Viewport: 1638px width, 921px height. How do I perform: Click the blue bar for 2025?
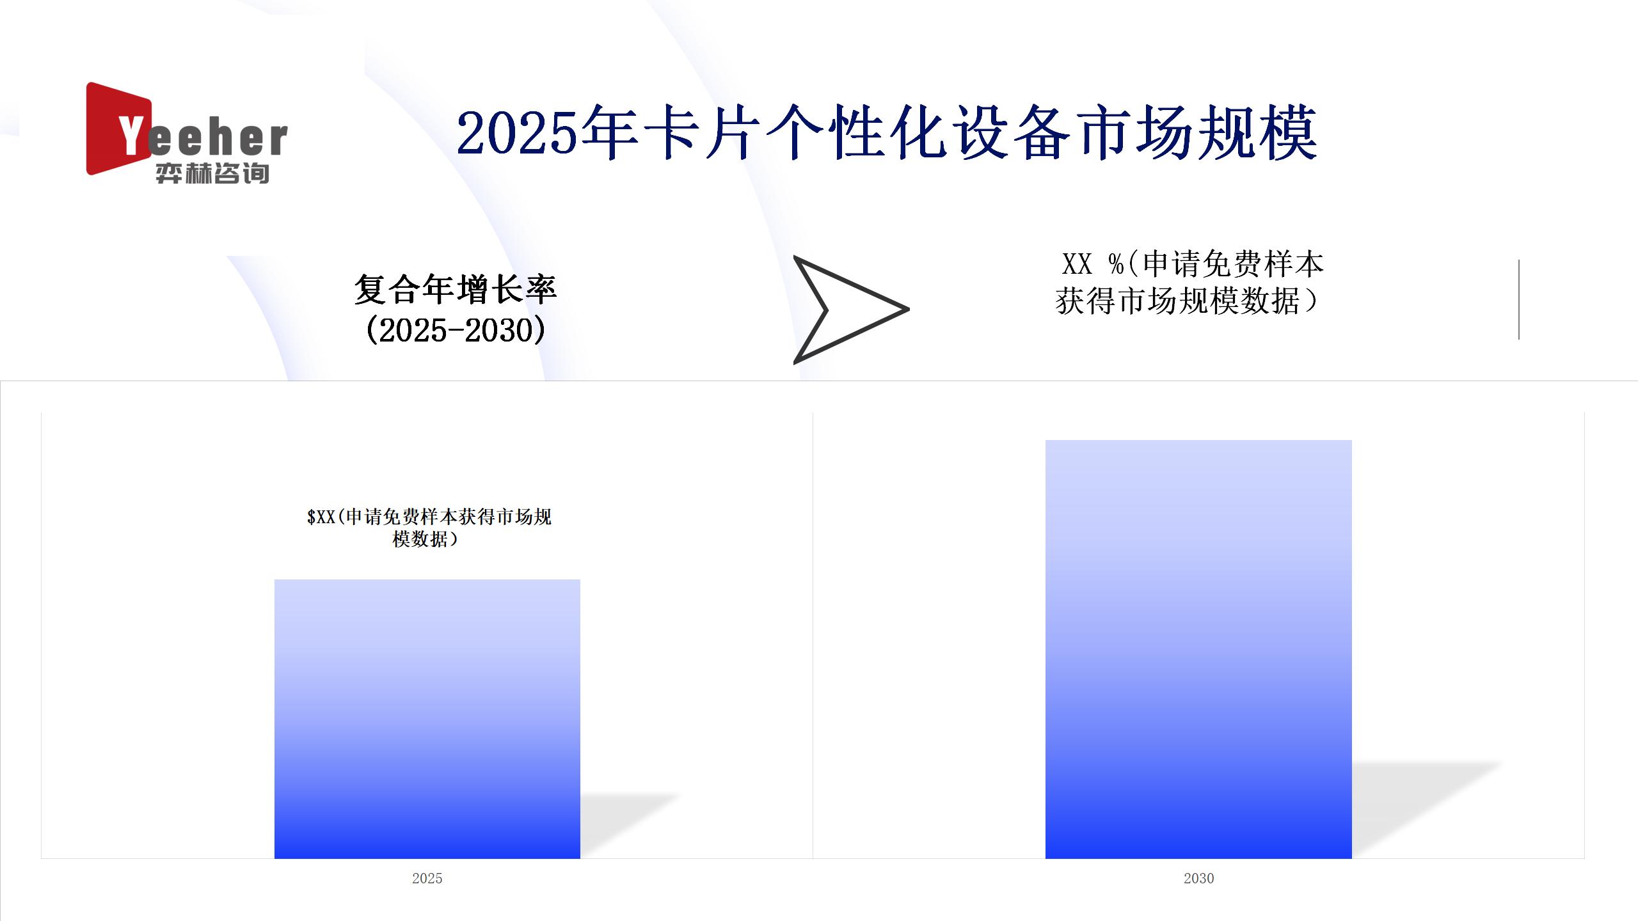click(x=427, y=719)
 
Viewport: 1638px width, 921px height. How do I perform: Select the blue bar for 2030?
click(x=1198, y=649)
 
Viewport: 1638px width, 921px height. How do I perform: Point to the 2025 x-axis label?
click(x=427, y=878)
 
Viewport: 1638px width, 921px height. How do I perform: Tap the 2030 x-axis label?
click(x=1198, y=878)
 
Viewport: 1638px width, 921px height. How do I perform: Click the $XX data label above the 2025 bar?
click(x=429, y=528)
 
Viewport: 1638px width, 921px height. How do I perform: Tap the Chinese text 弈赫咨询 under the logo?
click(x=212, y=173)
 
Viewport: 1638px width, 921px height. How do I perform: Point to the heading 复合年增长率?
click(x=456, y=289)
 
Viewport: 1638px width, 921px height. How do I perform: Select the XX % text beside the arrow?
click(x=1093, y=264)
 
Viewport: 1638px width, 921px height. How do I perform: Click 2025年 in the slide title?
click(x=548, y=133)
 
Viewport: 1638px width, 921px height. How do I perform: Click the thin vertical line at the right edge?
click(x=1519, y=299)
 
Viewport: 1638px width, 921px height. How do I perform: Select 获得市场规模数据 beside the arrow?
click(x=1177, y=301)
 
